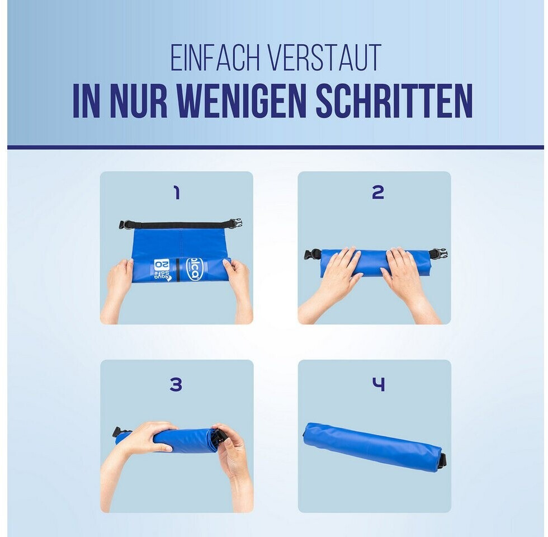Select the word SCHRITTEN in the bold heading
pyautogui.click(x=395, y=101)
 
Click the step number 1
pyautogui.click(x=177, y=192)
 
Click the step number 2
pyautogui.click(x=378, y=192)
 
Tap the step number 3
pyautogui.click(x=176, y=385)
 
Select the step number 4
pyautogui.click(x=378, y=385)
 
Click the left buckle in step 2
pyautogui.click(x=313, y=255)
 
